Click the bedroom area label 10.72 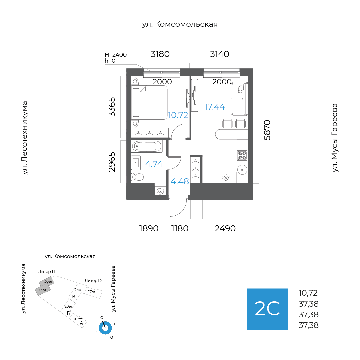click(x=178, y=115)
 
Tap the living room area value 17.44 click(x=214, y=107)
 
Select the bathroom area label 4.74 click(x=154, y=164)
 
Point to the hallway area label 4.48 click(x=180, y=182)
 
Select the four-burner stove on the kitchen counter click(x=242, y=155)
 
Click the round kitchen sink click(x=242, y=169)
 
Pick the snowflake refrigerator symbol click(x=226, y=178)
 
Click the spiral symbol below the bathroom click(x=160, y=191)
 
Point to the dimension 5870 click(x=267, y=130)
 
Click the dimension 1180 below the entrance click(x=180, y=229)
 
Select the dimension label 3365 click(x=112, y=107)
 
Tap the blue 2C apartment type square click(x=267, y=309)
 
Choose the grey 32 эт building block click(x=42, y=290)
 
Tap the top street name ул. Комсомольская click(x=180, y=24)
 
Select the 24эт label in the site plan click(x=79, y=290)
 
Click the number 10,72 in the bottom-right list click(x=308, y=293)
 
